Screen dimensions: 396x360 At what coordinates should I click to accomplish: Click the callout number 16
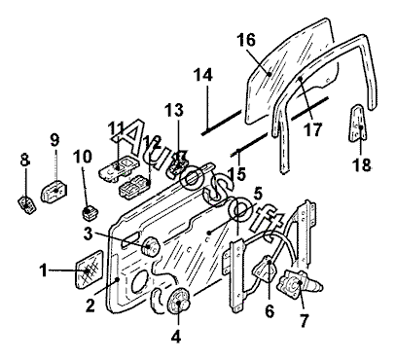[x=246, y=40]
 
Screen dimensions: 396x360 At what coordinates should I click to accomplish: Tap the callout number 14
[x=203, y=75]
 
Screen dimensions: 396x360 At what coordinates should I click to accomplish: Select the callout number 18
[x=361, y=164]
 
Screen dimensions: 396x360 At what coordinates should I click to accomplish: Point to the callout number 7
[x=304, y=320]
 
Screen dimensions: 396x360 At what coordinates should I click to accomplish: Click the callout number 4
[x=175, y=337]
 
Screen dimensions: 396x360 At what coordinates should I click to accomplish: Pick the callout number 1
[x=43, y=270]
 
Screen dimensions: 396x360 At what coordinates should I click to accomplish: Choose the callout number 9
[x=54, y=140]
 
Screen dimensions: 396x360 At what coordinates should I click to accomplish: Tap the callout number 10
[x=83, y=157]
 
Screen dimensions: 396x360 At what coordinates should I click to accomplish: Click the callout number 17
[x=312, y=129]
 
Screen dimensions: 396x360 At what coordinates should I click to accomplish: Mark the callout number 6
[x=270, y=311]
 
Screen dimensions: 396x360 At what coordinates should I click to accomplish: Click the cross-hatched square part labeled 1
[x=90, y=269]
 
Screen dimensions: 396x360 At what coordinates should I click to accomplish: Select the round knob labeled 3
[x=151, y=246]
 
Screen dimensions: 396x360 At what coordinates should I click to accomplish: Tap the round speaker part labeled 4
[x=178, y=302]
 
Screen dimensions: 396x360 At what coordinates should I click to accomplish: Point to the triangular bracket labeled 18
[x=357, y=123]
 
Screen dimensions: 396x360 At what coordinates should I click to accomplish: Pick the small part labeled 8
[x=26, y=205]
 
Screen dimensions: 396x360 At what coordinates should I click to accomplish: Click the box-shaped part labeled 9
[x=54, y=192]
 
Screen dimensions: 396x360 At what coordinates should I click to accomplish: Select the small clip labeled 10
[x=90, y=212]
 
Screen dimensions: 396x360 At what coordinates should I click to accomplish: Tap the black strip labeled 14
[x=222, y=123]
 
